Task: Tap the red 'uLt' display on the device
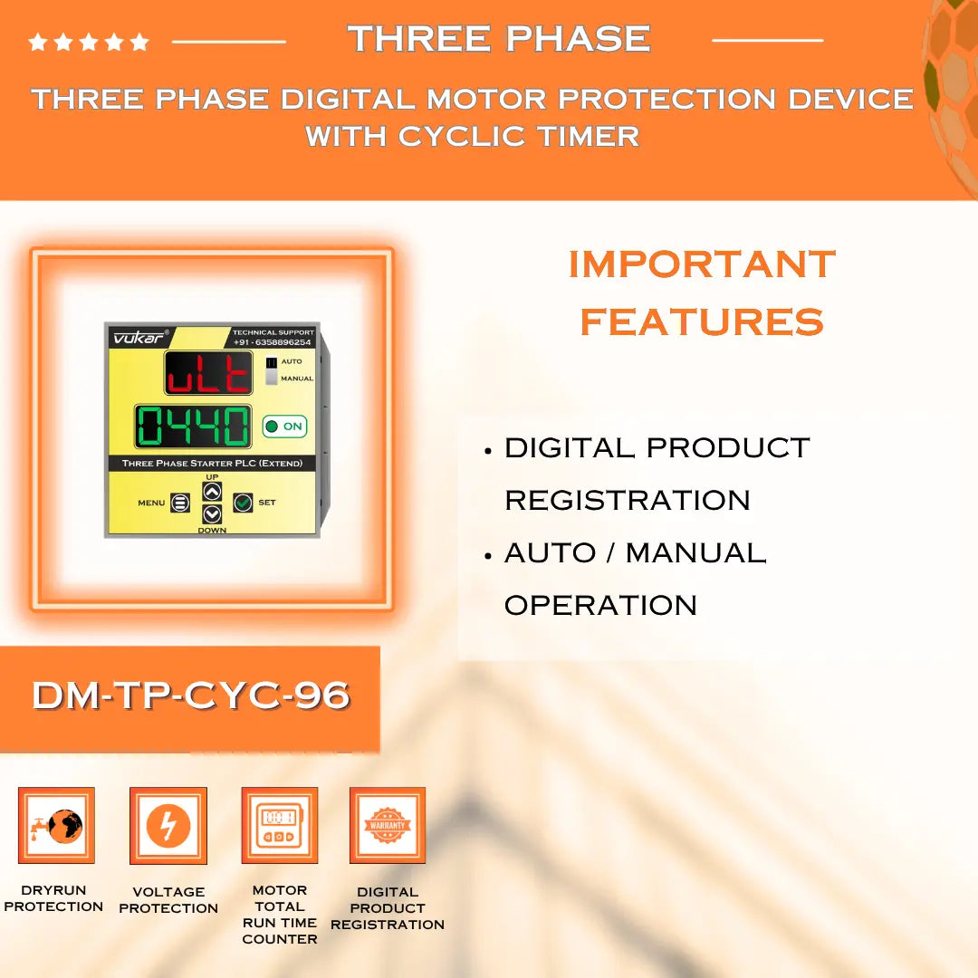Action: [208, 373]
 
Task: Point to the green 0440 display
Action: [194, 427]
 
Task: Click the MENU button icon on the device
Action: [180, 503]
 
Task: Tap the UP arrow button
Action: [212, 492]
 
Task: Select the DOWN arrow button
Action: [212, 513]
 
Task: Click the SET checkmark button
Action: [243, 503]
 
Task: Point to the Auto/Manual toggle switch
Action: [271, 370]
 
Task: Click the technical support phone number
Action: [273, 342]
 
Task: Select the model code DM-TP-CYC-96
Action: [190, 695]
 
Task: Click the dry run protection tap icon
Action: [56, 825]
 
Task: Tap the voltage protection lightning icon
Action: [168, 825]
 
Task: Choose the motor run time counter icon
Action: [279, 825]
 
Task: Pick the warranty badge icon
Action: [388, 825]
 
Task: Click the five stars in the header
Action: [89, 42]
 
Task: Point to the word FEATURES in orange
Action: [702, 321]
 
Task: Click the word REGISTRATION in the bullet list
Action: [628, 500]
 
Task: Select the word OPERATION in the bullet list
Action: [600, 605]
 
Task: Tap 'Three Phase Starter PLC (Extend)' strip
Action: [212, 464]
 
